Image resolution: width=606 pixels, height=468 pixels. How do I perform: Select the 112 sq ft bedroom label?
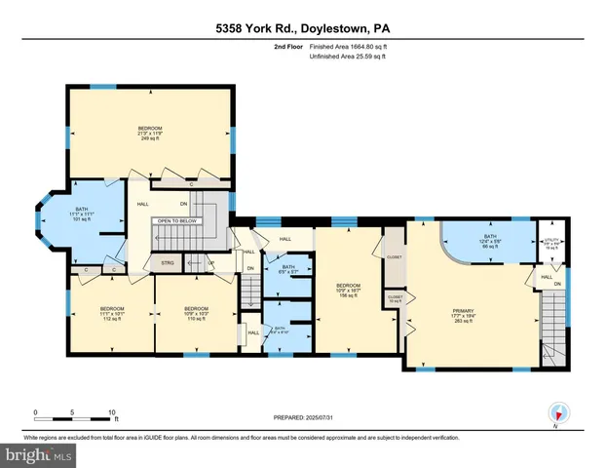point(113,313)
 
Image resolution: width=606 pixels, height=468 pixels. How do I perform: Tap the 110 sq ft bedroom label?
point(197,313)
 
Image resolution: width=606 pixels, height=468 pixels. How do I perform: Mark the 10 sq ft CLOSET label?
point(395,299)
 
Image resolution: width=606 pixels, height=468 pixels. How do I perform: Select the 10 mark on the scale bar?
point(113,412)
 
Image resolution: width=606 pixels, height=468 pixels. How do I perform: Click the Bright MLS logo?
point(39,454)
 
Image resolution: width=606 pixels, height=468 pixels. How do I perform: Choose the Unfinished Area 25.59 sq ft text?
point(348,58)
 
